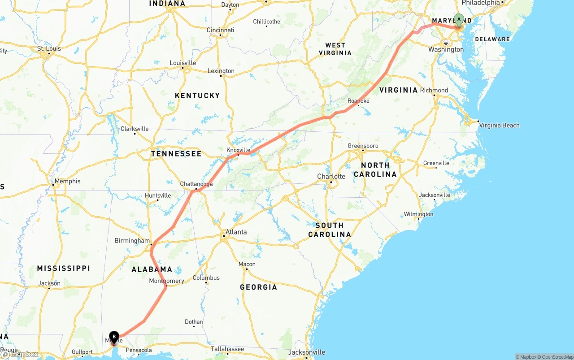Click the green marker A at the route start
click(459, 20)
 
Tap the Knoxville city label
click(238, 150)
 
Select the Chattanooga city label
click(196, 184)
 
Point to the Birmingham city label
click(132, 241)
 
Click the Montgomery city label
click(166, 281)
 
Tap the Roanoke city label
click(358, 101)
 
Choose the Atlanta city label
click(236, 232)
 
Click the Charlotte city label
click(331, 176)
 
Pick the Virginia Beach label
click(499, 125)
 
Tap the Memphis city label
click(68, 181)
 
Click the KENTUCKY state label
click(197, 95)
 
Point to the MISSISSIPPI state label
click(63, 268)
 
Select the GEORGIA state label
click(258, 287)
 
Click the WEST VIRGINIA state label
click(335, 49)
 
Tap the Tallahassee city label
click(228, 349)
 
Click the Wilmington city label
click(418, 214)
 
